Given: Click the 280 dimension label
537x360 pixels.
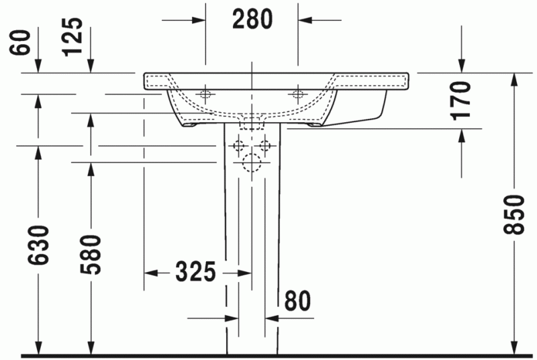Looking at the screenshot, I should point(252,20).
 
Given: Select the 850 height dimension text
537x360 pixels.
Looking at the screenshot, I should point(514,215).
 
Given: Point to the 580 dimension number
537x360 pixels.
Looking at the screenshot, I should point(90,255).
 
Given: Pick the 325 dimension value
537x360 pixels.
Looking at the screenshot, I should point(195,273).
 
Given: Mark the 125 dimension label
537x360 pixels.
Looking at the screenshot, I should point(76,36).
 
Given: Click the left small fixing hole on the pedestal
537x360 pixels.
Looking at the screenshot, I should point(237,145).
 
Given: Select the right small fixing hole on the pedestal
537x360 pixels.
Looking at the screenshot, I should point(266,145).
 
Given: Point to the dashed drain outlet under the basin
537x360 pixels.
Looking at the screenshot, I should point(252,123).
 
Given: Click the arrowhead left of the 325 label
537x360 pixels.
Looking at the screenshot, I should point(152,273).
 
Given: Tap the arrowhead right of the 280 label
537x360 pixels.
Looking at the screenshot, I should point(305,20).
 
